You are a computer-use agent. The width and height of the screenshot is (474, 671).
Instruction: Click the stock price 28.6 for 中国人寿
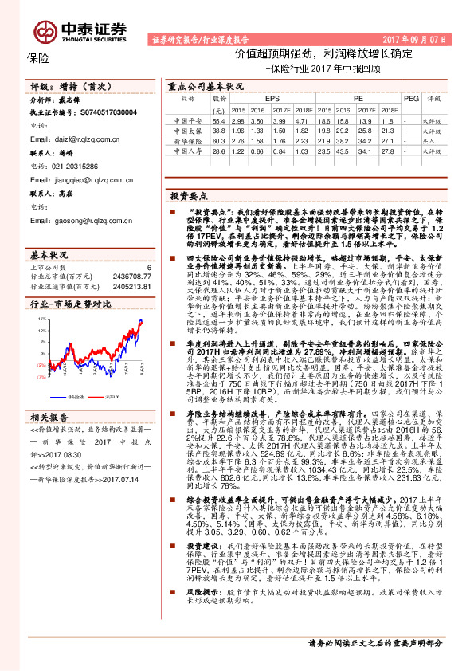(219, 151)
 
